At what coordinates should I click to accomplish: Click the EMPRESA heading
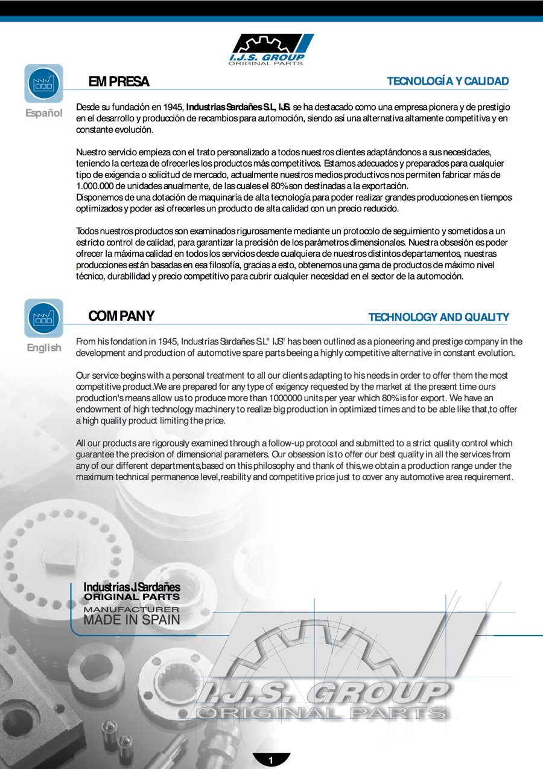tap(119, 82)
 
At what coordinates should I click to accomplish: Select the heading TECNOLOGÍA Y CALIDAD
tap(447, 82)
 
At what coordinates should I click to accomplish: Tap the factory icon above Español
tap(43, 83)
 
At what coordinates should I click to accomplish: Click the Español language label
tap(43, 113)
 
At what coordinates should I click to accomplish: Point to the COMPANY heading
tap(121, 316)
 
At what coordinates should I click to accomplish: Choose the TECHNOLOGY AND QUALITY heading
tap(438, 317)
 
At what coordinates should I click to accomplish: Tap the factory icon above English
tap(43, 318)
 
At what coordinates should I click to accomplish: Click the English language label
tap(43, 347)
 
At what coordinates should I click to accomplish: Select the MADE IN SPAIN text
tap(132, 620)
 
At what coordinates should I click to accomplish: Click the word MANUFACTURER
tap(132, 610)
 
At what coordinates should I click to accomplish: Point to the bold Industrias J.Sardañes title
tap(132, 587)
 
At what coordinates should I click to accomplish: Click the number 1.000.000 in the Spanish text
tap(95, 186)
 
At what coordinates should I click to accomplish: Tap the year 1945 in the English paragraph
tap(167, 342)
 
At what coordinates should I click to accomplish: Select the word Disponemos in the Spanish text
tap(99, 198)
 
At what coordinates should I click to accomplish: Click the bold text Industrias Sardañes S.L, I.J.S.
tap(238, 107)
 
